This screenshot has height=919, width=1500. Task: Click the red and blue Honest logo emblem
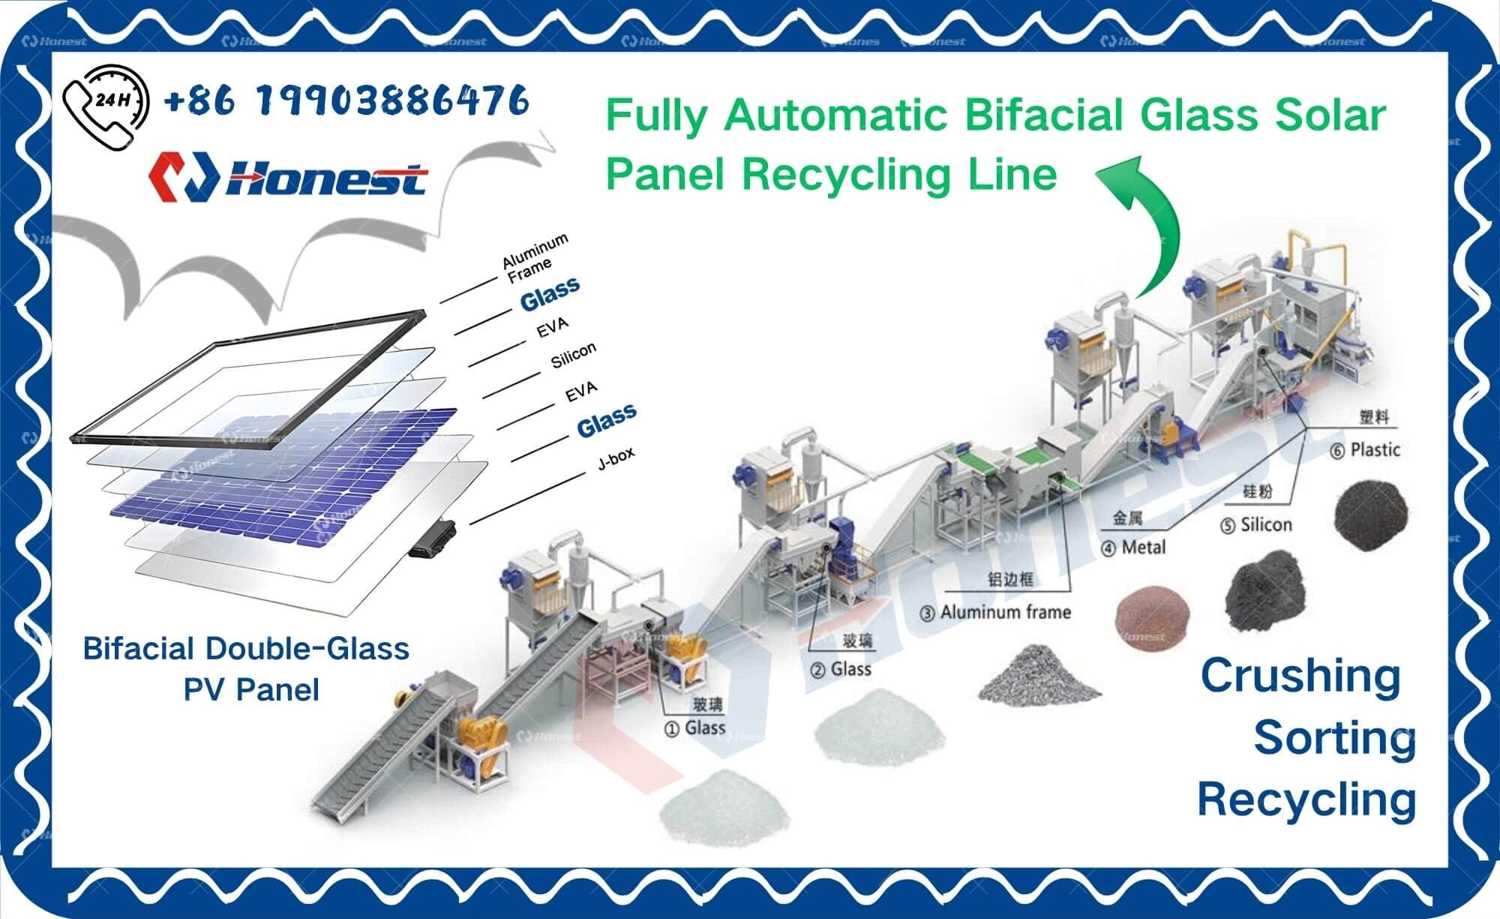coord(183,177)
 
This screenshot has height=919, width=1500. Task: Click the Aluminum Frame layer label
coord(533,258)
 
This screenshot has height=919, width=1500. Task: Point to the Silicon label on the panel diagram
coord(573,355)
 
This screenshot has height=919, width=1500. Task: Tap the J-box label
coord(616,458)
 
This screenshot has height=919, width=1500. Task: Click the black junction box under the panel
coord(433,539)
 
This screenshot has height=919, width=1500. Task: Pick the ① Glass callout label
coord(695,728)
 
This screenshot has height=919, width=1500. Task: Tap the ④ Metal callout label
coord(1133,548)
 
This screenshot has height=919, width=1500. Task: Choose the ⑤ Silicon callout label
coord(1256,524)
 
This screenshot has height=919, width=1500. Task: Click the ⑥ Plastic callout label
coord(1365,450)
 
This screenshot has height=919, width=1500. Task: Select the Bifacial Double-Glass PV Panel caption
coord(247,668)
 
